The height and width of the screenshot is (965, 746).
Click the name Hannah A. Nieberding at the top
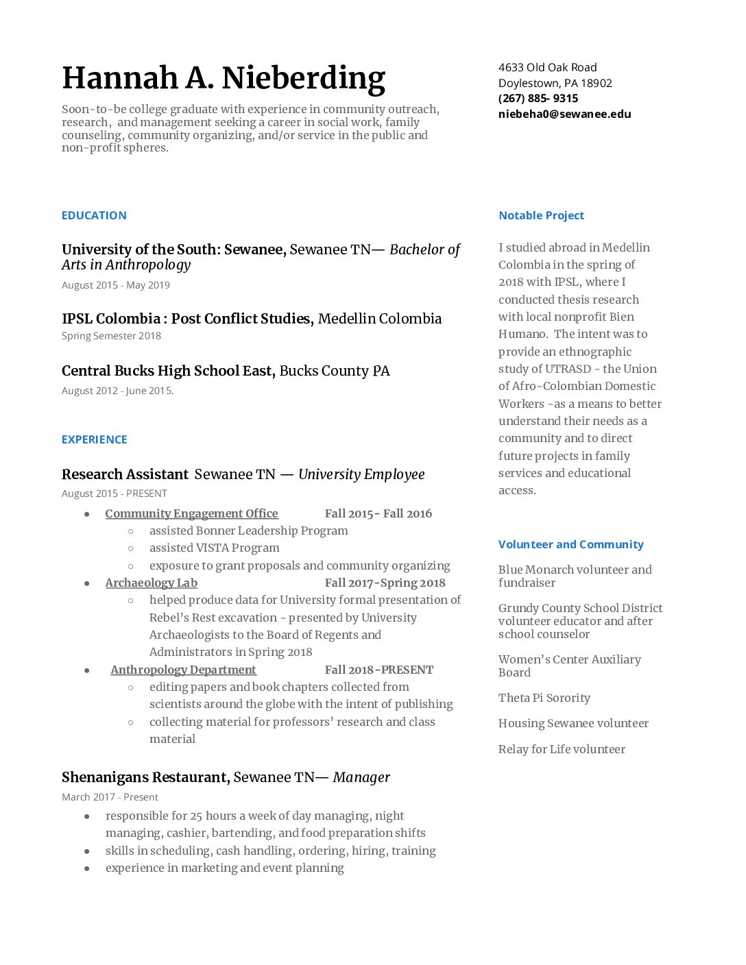coord(224,79)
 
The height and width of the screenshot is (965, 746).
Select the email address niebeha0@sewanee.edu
coord(564,114)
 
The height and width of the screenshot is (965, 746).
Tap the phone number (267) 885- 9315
coord(538,99)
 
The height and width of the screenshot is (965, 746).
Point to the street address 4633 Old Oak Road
coord(547,68)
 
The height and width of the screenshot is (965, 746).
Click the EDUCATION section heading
coord(94,215)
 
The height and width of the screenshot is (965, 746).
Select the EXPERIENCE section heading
coord(94,439)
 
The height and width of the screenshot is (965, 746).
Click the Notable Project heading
coord(541,215)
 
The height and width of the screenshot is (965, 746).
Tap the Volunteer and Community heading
coord(570,544)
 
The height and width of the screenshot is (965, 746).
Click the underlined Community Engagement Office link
coord(191,513)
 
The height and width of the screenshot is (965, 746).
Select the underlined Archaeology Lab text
coord(151,583)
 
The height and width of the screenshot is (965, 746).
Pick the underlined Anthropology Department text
coord(183,670)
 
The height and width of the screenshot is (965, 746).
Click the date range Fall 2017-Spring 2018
coord(385,583)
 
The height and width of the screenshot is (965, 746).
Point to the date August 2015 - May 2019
coord(115,285)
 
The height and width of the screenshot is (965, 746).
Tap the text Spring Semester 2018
coord(111,336)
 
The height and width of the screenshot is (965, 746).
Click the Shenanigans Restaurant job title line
coord(226,777)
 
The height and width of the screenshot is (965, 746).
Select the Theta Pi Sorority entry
coord(544,698)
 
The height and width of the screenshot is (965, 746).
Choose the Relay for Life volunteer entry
coord(562,749)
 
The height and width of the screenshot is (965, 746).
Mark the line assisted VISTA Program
coord(214,548)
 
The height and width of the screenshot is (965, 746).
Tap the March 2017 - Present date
coord(110,797)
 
